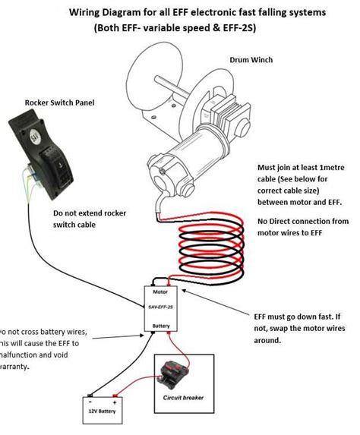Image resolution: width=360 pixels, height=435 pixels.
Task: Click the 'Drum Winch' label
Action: pos(251,59)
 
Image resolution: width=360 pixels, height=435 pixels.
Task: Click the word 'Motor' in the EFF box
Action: pos(160,292)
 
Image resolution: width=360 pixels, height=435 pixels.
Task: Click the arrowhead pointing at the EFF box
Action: pos(185,314)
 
